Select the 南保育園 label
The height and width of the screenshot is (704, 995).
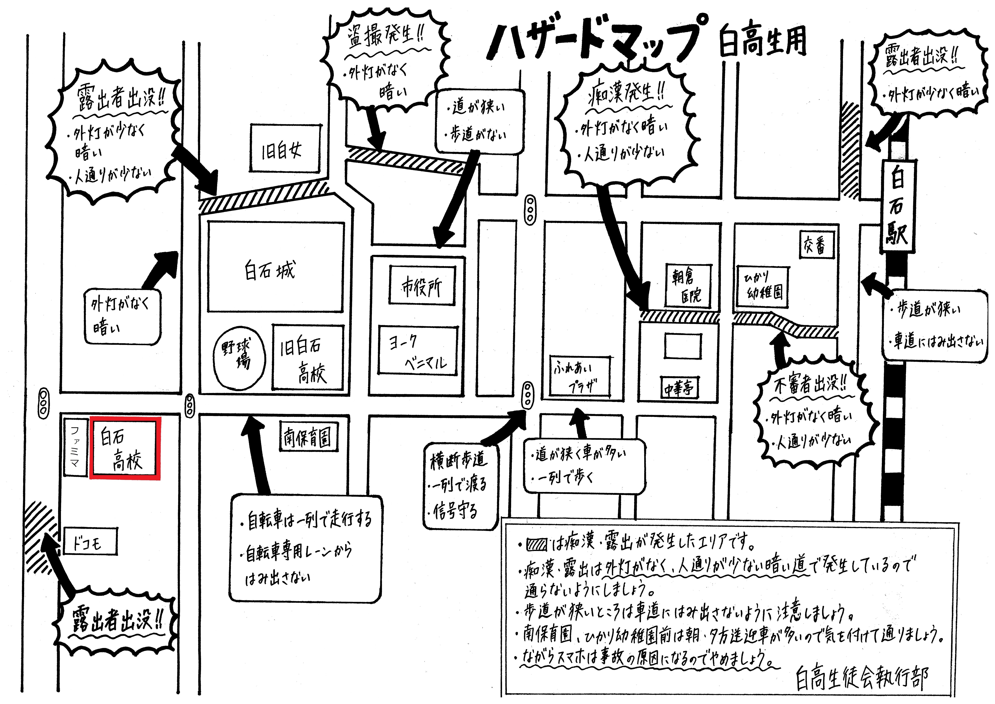coord(308,436)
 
